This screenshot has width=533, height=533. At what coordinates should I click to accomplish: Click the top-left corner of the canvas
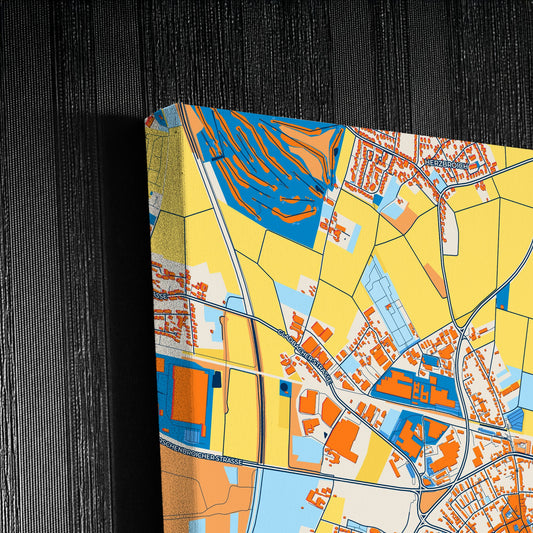[179, 104]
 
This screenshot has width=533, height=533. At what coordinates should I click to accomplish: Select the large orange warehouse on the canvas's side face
[189, 396]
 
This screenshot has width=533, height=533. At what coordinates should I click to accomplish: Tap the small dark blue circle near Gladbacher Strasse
[288, 386]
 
